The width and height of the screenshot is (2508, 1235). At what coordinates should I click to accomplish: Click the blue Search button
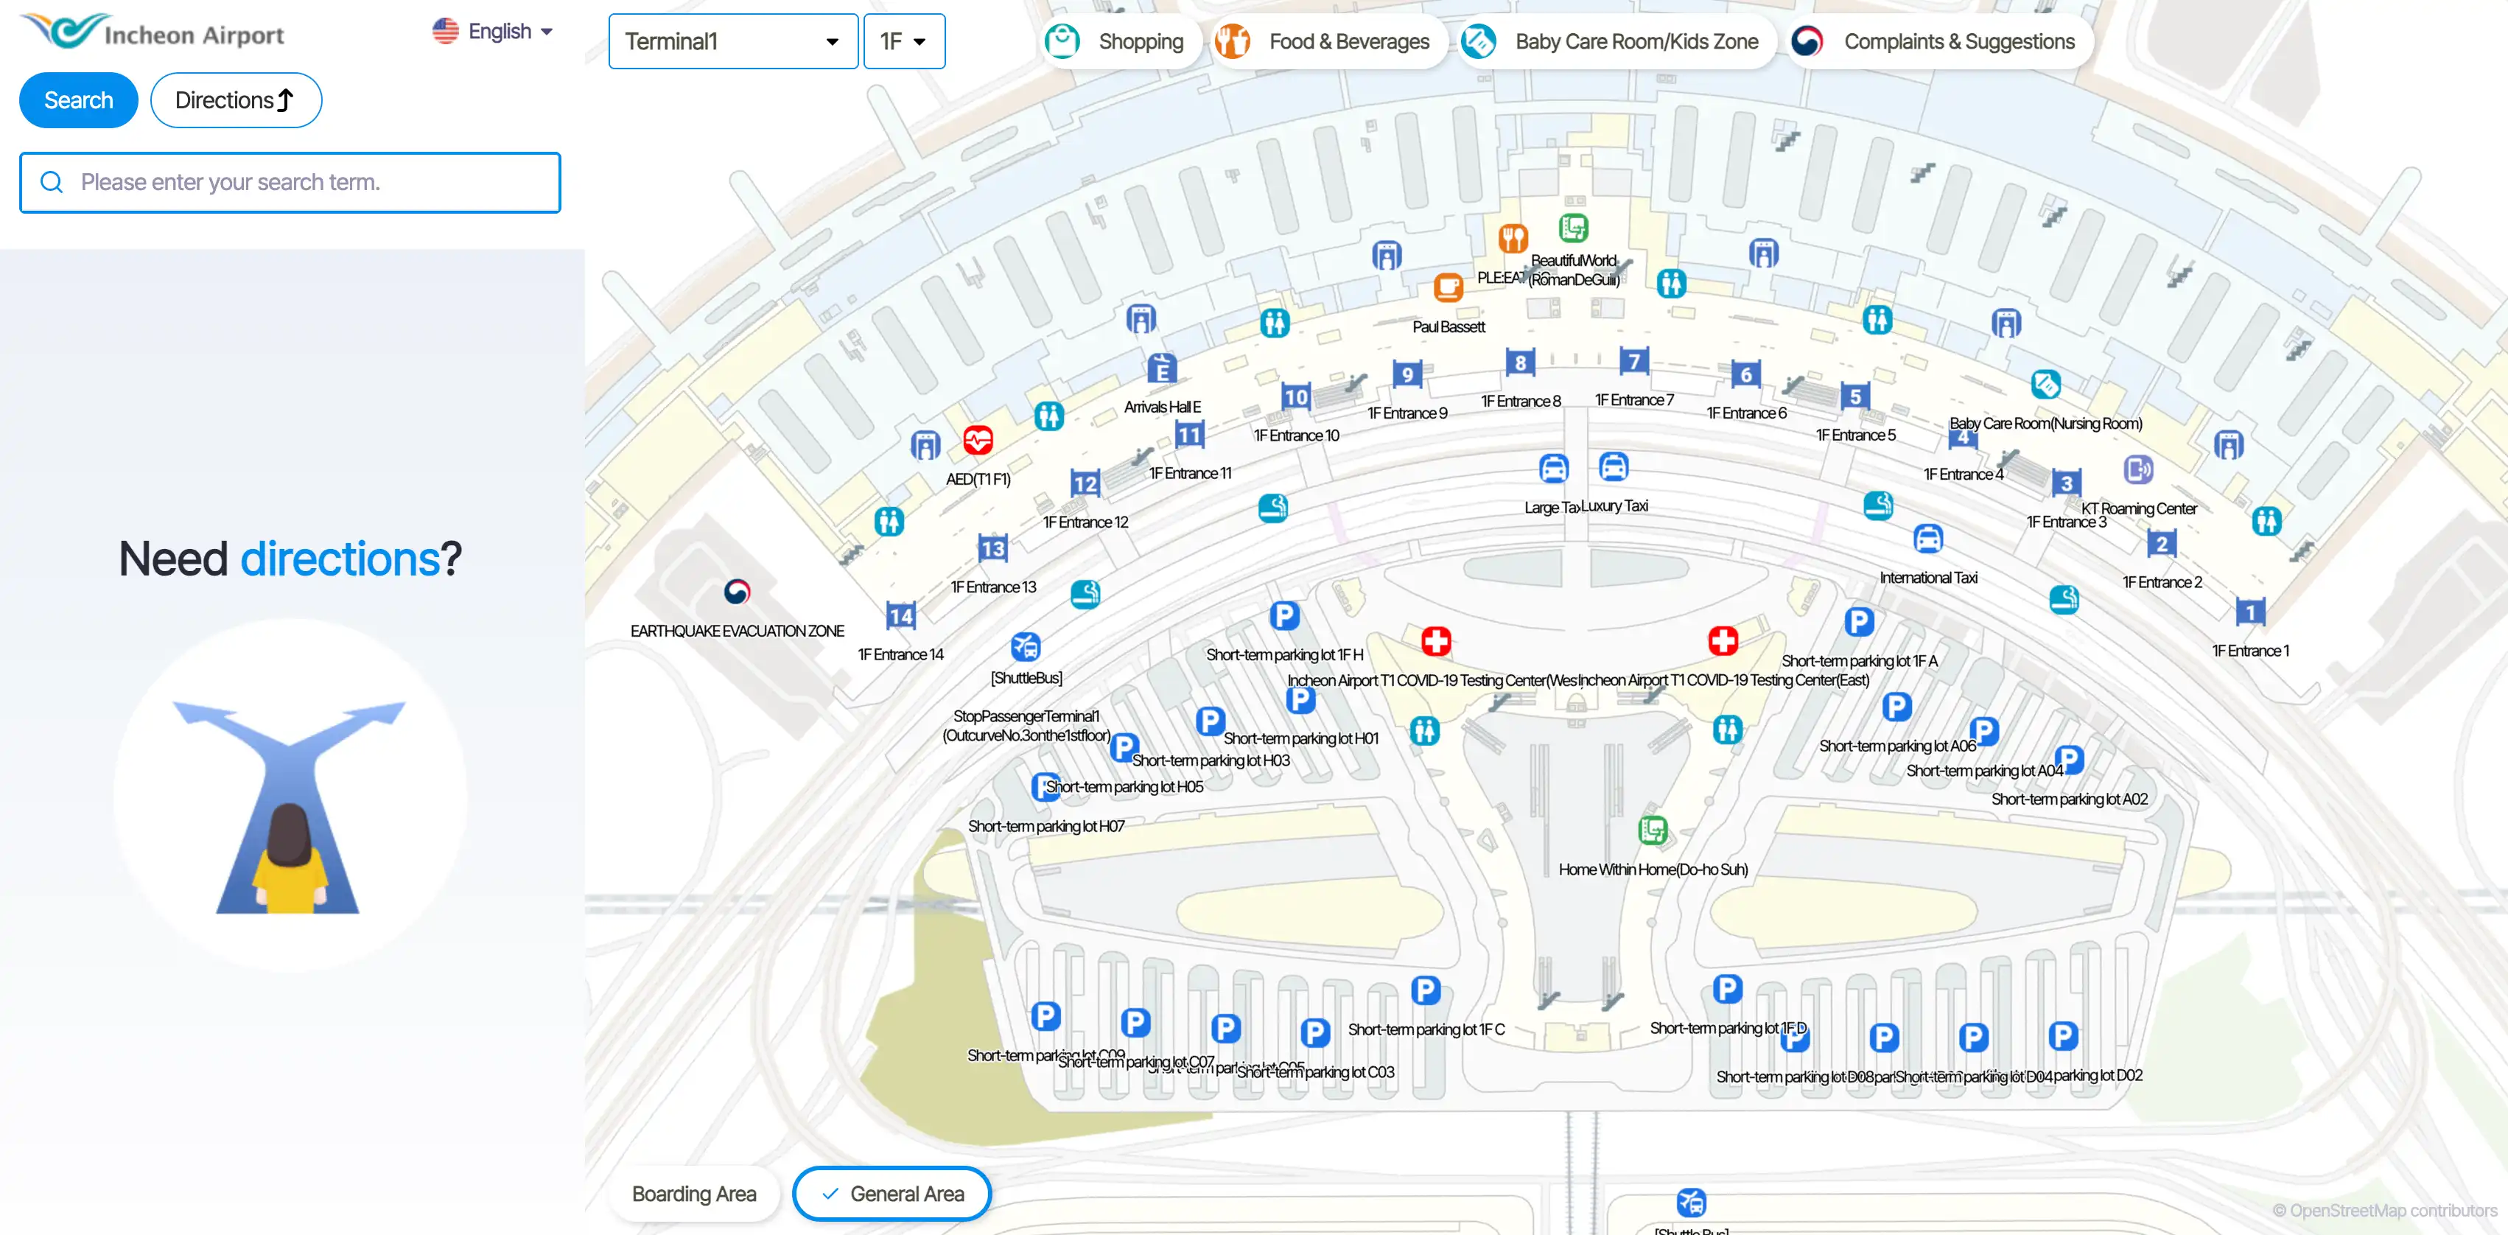click(79, 100)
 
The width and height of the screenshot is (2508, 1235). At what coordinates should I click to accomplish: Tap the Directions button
click(236, 100)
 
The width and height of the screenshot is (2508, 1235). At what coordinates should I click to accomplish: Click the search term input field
click(290, 182)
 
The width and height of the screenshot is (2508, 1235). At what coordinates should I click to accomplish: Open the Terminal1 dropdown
click(732, 42)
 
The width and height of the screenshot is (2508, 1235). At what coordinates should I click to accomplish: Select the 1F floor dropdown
click(903, 42)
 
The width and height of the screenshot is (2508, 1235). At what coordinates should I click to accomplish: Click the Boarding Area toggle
click(693, 1193)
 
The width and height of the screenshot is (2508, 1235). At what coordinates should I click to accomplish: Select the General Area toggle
click(892, 1193)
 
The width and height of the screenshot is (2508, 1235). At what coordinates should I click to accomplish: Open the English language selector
click(493, 31)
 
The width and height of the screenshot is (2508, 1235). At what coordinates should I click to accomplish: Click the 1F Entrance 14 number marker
click(900, 615)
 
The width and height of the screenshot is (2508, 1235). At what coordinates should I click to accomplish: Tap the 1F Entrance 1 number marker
click(2250, 612)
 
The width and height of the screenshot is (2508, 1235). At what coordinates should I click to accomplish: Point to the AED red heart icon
click(978, 440)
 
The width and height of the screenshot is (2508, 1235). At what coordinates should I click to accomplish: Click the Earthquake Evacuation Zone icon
click(737, 591)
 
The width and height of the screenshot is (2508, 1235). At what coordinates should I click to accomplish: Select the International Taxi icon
click(1927, 539)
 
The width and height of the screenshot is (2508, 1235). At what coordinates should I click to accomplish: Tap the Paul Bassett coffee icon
click(1449, 287)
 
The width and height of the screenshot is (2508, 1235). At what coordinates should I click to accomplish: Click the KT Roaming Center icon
click(2138, 470)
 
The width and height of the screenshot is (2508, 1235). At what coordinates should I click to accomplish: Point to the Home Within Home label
click(1652, 869)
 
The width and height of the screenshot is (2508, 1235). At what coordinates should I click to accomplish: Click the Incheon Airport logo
click(153, 32)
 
